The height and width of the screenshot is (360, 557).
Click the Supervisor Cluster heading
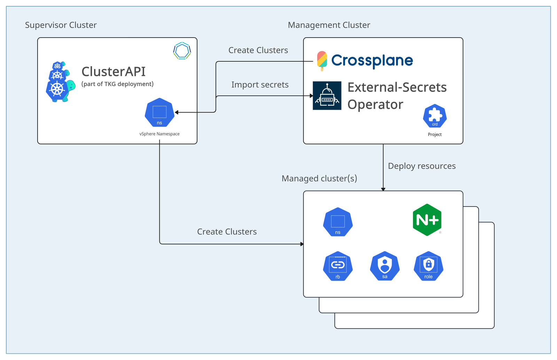pos(61,25)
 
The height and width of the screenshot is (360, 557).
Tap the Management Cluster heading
pos(329,25)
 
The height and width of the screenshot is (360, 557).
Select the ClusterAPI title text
pos(113,72)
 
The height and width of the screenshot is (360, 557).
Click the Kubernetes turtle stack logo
pos(60,82)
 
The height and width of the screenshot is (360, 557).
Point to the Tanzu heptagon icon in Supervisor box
pos(182,51)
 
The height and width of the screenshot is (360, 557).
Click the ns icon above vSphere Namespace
pos(159,113)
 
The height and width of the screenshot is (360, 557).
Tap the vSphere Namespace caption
pos(159,134)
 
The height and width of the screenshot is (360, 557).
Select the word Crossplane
pos(372,61)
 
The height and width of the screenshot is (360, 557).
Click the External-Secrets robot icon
pos(327,96)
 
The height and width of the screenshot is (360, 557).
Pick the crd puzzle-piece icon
pos(435,116)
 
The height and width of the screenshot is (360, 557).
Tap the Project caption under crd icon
pos(435,135)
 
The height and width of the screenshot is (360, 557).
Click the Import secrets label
pos(260,85)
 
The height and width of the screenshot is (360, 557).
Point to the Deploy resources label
pos(422,166)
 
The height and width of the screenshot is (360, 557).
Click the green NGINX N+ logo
pos(427,220)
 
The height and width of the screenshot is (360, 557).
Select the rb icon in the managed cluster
pos(338,266)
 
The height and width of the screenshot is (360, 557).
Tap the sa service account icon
pos(385,266)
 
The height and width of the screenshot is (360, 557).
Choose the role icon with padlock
pos(429,266)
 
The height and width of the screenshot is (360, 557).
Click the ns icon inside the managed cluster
pos(338,222)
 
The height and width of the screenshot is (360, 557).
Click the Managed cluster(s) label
pos(319,179)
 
